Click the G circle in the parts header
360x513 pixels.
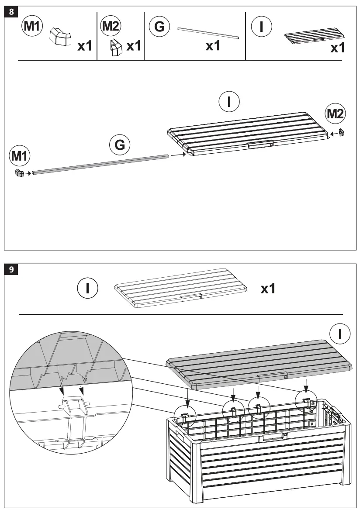click(159, 27)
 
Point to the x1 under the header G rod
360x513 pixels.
click(213, 46)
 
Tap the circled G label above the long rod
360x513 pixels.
click(120, 145)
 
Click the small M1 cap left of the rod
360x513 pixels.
click(19, 173)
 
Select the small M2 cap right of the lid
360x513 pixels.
click(343, 132)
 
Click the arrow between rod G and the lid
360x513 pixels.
click(177, 154)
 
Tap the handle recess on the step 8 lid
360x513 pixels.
click(260, 144)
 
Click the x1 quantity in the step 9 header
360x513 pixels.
click(268, 288)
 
